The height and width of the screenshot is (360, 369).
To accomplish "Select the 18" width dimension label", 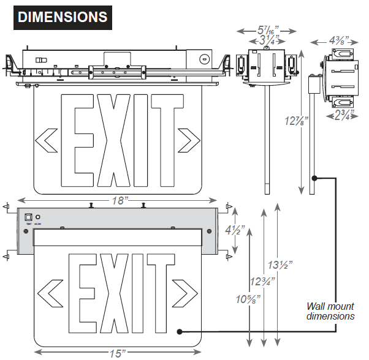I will pos(118,201).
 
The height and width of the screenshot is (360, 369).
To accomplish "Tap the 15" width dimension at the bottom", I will pos(116,352).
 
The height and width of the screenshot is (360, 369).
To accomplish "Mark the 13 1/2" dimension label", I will pos(279,266).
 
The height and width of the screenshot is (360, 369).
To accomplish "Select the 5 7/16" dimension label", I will pos(267,29).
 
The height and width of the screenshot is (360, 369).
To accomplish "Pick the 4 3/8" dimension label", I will pos(338,40).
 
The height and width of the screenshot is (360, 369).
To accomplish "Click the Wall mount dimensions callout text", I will pos(331,311).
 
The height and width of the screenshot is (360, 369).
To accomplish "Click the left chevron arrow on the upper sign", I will pos(47,140).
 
